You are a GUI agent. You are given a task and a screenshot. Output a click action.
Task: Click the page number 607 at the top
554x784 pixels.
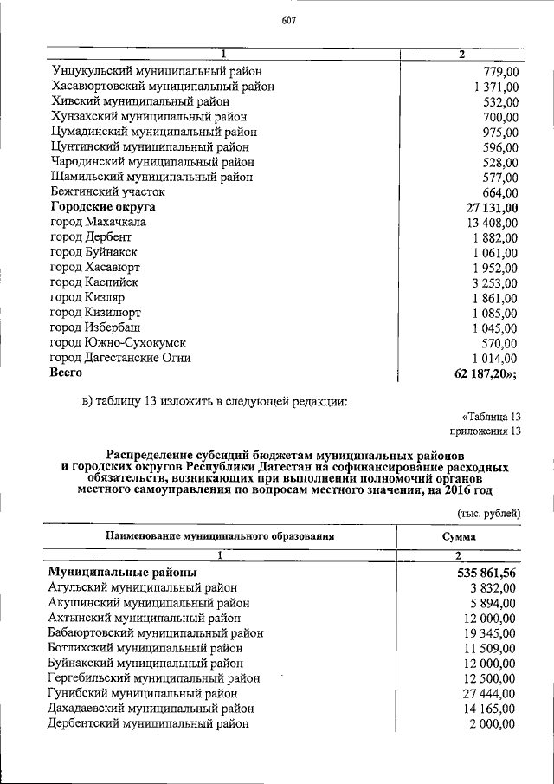(289, 23)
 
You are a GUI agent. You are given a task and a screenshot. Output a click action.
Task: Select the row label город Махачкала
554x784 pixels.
(98, 222)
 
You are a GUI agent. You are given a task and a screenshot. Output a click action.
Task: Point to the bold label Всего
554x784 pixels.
(67, 373)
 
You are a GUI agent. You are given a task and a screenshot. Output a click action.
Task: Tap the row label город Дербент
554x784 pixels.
(91, 237)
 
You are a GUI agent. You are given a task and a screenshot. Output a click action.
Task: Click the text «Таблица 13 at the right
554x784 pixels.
(492, 415)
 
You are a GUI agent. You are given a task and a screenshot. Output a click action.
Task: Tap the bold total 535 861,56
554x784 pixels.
(486, 573)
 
